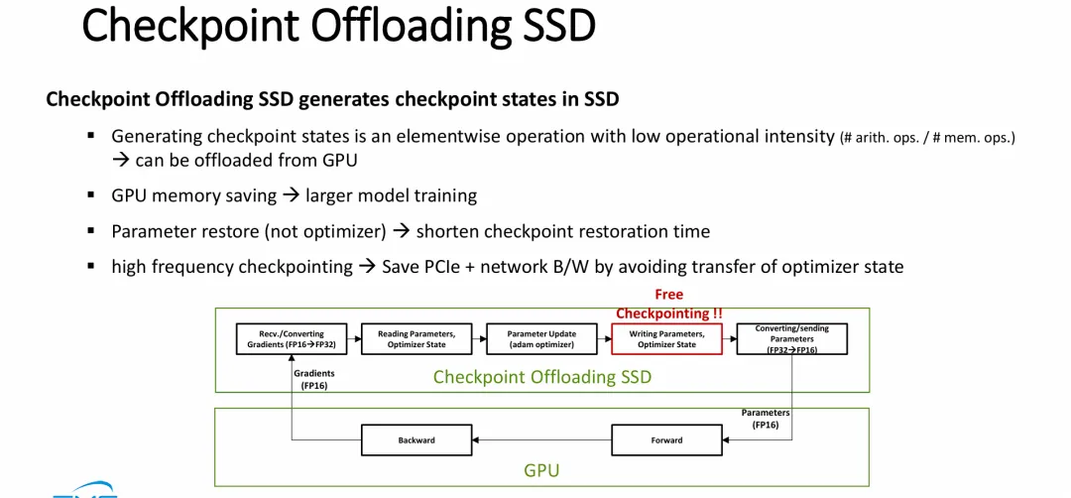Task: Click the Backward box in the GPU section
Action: (416, 440)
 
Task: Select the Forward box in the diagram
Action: (666, 440)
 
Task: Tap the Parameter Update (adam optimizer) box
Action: (541, 339)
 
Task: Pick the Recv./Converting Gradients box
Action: (292, 339)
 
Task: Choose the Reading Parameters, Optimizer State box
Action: (416, 339)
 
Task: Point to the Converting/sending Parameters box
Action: (791, 339)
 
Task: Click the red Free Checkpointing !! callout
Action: (669, 304)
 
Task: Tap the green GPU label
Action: (541, 470)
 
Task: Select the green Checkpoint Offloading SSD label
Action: (541, 377)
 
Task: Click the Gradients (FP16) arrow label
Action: (314, 379)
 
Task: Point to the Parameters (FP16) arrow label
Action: (766, 418)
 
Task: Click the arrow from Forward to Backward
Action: (541, 440)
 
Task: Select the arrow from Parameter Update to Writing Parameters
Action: (604, 339)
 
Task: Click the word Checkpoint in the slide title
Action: (189, 27)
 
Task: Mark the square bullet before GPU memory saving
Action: (91, 195)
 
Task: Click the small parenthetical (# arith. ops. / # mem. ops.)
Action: (927, 138)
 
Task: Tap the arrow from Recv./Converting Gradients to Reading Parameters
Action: (354, 339)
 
